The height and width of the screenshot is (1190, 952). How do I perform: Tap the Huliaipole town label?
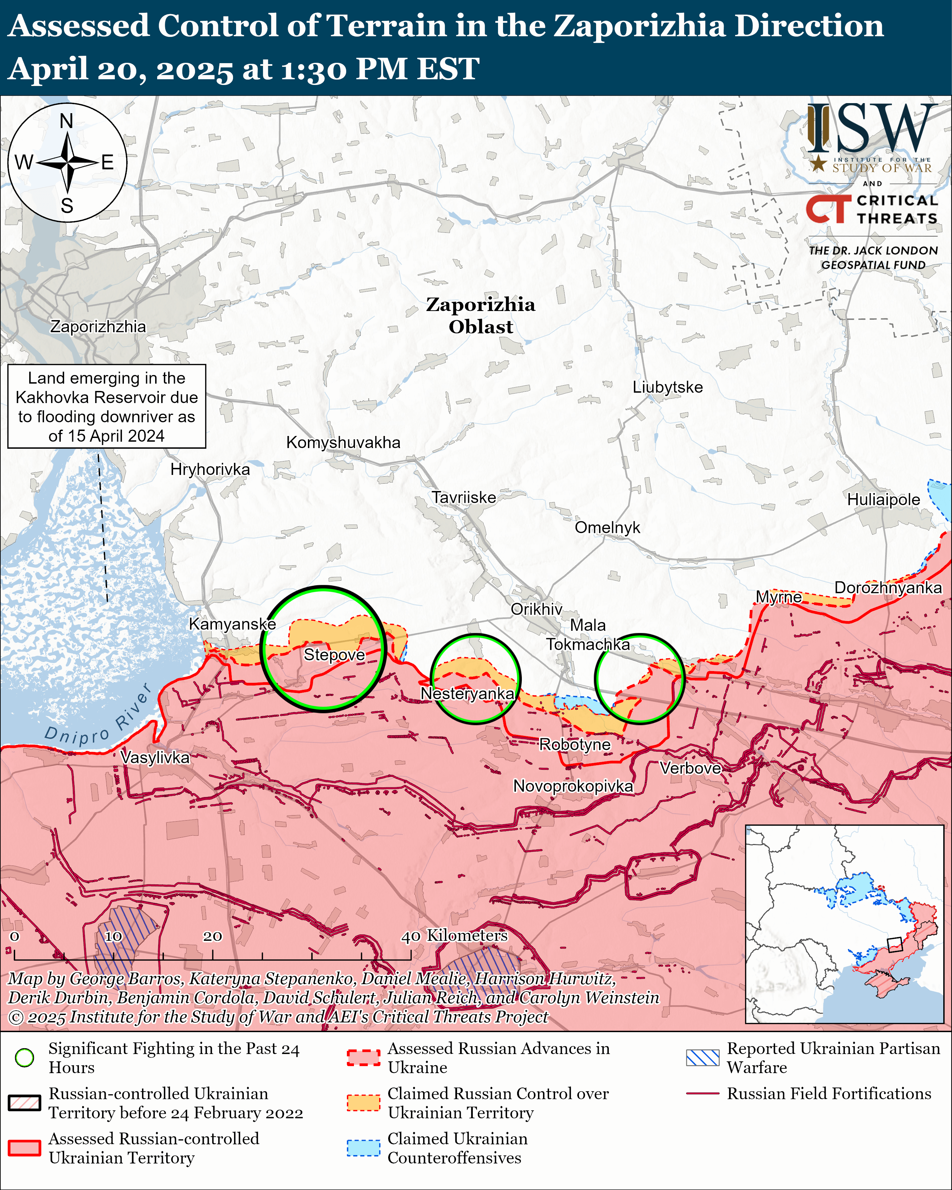tap(883, 499)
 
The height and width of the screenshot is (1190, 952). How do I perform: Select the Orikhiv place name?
tap(536, 609)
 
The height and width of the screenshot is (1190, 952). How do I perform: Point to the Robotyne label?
tap(575, 745)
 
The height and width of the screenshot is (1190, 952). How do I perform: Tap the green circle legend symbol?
tap(24, 1058)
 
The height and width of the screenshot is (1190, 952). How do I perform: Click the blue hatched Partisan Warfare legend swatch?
tap(702, 1058)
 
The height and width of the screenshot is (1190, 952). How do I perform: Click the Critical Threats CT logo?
tap(828, 209)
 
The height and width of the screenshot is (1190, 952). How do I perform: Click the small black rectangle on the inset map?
tap(894, 944)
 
